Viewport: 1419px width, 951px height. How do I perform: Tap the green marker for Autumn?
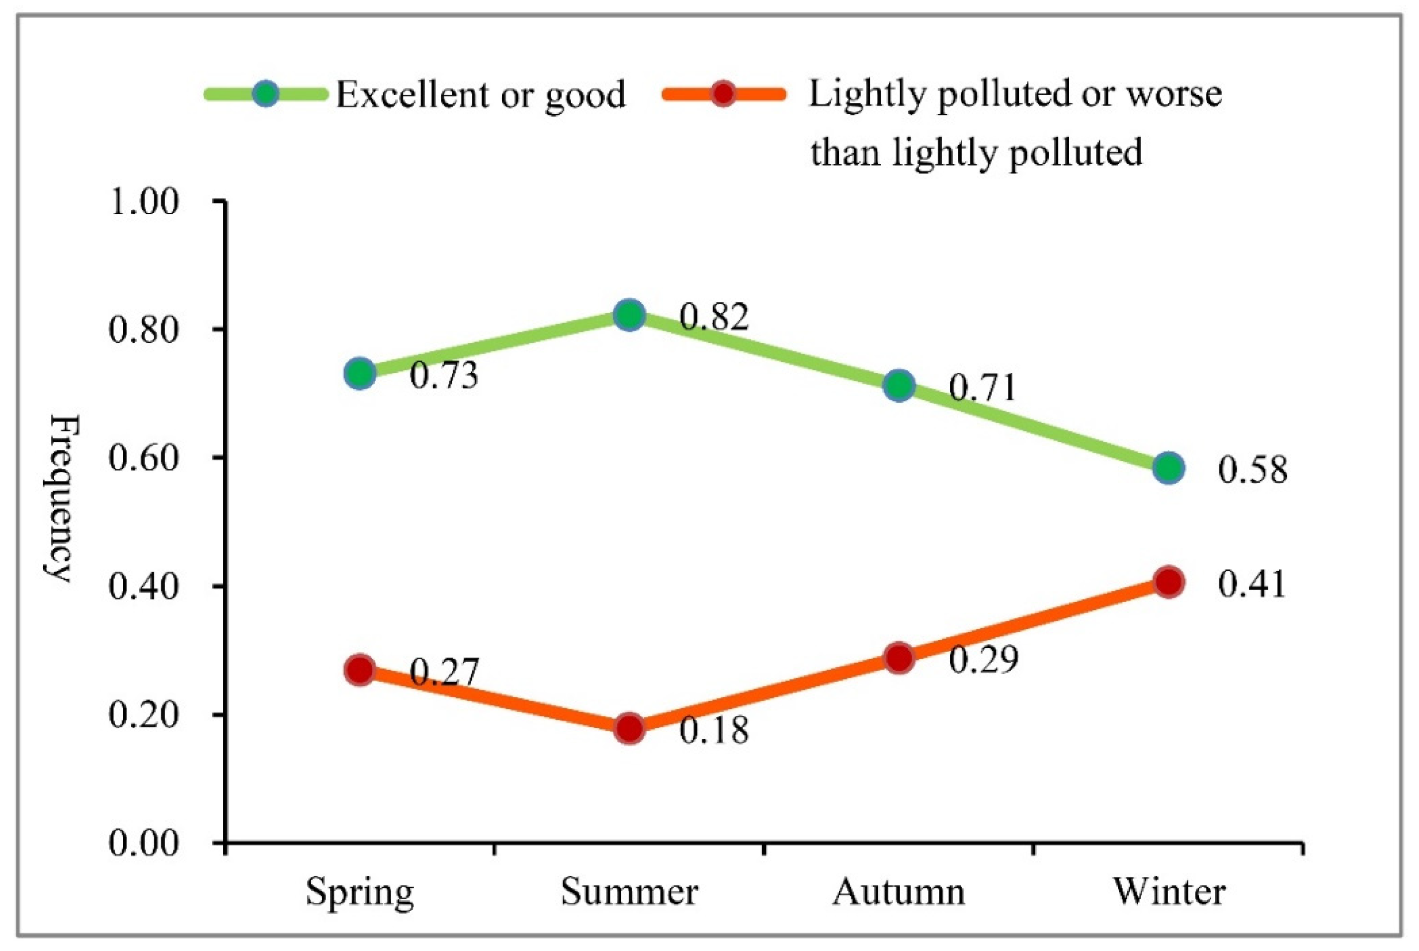899,386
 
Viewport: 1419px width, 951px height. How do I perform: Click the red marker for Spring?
360,670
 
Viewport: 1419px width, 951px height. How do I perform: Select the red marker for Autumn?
899,658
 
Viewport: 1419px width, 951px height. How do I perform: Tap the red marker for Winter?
1169,582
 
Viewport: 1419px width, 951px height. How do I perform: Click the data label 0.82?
714,317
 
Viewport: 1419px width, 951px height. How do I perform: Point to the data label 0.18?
714,730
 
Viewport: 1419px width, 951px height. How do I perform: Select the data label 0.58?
1252,470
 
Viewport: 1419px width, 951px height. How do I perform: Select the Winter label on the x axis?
1169,891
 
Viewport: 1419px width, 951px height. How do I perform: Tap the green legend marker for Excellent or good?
265,94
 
